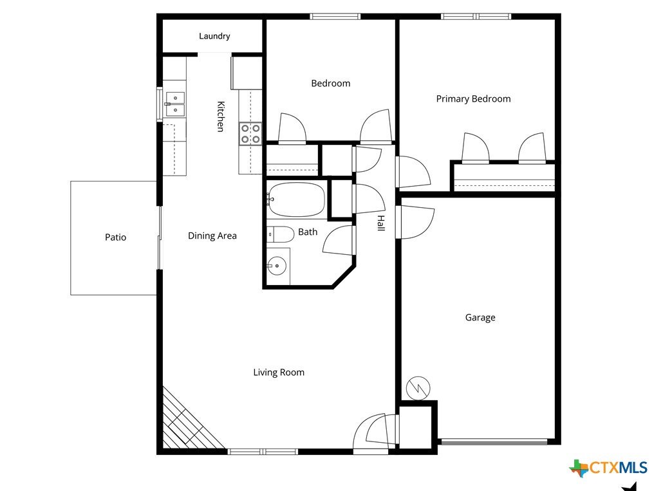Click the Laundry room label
click(x=214, y=36)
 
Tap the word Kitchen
click(x=220, y=116)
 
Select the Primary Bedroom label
click(x=473, y=99)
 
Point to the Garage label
click(x=480, y=317)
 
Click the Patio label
click(x=115, y=237)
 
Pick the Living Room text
click(x=279, y=372)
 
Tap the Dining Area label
click(x=212, y=236)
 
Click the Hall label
click(x=381, y=223)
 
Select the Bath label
click(x=308, y=232)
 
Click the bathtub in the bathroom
click(x=296, y=199)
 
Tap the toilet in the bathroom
click(x=281, y=234)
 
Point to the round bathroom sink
click(x=277, y=266)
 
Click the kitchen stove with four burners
click(x=250, y=133)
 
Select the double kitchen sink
click(x=175, y=104)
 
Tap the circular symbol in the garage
click(x=418, y=388)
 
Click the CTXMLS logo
click(x=608, y=468)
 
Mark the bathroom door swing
click(x=339, y=241)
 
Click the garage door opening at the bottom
click(x=494, y=442)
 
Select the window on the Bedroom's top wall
click(x=335, y=17)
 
